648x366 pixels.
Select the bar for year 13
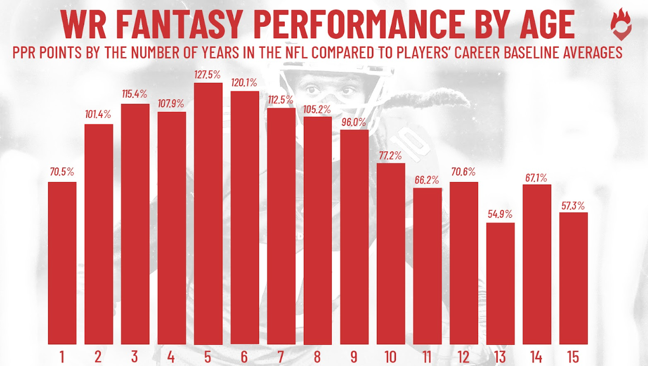(500, 283)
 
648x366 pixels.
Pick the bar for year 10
(391, 254)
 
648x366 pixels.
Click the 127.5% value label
(207, 75)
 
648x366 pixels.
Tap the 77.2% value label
(390, 155)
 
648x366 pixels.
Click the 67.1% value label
(537, 177)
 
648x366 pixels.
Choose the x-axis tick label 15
(573, 356)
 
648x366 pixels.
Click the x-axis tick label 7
(281, 356)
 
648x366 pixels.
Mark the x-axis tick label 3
(135, 356)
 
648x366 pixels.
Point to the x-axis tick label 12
(464, 356)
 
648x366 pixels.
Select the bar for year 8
(317, 230)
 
